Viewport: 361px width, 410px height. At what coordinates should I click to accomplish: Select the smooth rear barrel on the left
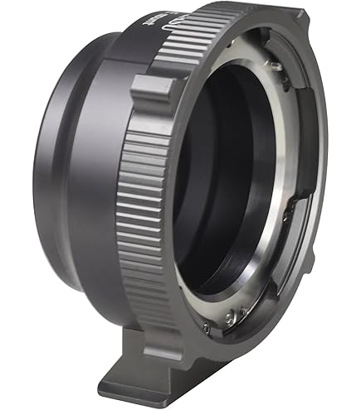click(66, 182)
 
